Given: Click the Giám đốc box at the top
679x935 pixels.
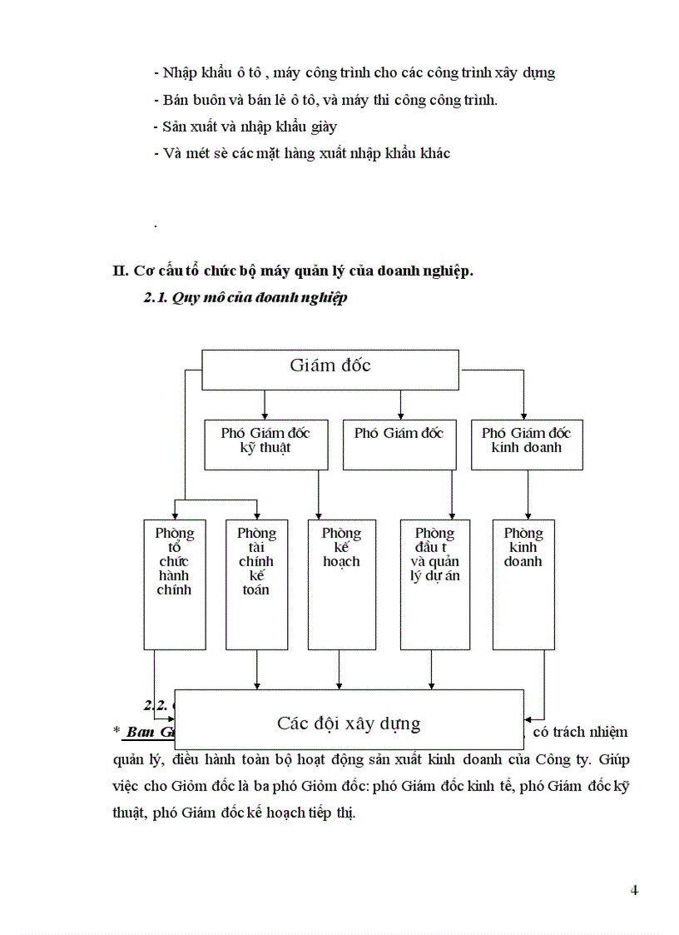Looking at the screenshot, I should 330,369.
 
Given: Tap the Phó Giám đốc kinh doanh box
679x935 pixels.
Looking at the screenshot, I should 526,445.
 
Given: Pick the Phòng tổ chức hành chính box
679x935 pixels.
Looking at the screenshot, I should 174,584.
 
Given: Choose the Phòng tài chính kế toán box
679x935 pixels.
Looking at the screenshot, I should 256,584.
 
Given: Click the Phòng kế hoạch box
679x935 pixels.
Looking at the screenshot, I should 341,584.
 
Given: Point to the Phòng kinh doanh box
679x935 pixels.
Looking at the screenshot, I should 523,584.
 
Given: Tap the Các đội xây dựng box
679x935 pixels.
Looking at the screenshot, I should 349,719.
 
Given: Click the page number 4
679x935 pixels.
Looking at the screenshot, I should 634,890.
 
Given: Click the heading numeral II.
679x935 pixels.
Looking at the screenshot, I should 119,271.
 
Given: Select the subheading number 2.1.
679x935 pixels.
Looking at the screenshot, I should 156,299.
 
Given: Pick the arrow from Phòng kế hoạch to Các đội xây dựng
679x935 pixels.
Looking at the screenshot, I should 339,670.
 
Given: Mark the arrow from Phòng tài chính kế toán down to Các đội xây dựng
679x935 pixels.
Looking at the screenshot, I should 256,670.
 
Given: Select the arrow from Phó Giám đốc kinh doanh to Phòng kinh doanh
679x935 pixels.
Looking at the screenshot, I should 528,495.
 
